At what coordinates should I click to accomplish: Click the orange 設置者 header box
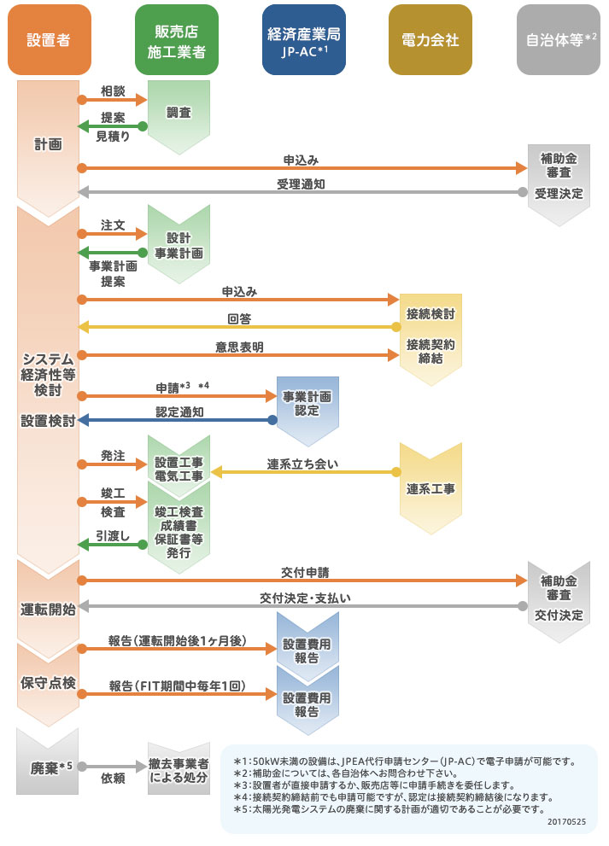(48, 39)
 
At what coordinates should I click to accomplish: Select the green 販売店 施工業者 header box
(176, 39)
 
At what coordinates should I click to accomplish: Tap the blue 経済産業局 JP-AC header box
(303, 39)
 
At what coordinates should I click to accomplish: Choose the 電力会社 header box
(430, 39)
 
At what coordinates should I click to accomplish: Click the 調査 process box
(179, 111)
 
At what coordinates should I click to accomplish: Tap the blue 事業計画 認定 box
(307, 405)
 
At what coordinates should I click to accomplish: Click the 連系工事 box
(430, 489)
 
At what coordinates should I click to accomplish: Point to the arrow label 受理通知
(300, 184)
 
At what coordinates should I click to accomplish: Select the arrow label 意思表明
(239, 347)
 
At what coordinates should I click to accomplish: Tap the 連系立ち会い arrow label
(302, 464)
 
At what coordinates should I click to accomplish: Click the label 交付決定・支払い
(306, 598)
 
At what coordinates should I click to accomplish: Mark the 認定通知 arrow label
(179, 411)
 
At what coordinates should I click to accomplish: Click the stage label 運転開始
(48, 610)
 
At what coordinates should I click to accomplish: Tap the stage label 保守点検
(48, 683)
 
